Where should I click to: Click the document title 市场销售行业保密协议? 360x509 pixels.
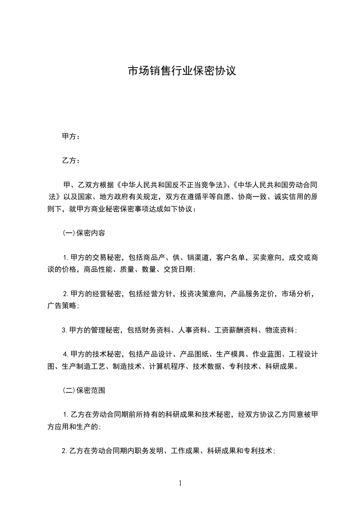point(182,71)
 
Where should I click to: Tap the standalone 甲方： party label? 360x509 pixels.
point(71,136)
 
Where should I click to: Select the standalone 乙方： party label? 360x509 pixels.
point(71,161)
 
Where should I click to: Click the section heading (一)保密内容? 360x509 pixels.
point(84,233)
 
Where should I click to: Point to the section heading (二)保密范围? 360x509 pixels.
point(84,390)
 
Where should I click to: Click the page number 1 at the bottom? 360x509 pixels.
point(180,483)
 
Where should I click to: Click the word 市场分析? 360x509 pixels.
point(296,294)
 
